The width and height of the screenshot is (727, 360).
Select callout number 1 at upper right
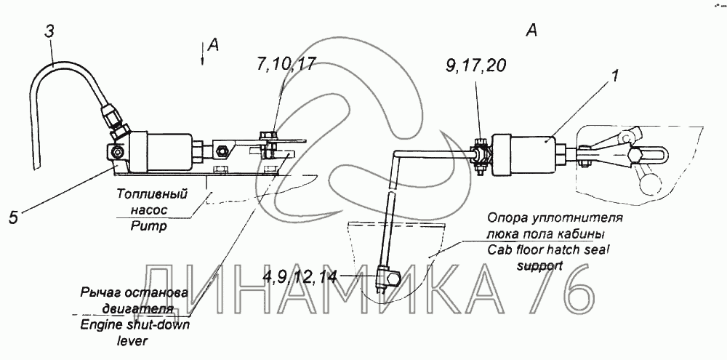(615, 75)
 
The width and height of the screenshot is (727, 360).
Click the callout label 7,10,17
(286, 64)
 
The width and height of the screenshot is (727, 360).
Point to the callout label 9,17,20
(475, 66)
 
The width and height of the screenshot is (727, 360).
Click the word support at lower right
(539, 265)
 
